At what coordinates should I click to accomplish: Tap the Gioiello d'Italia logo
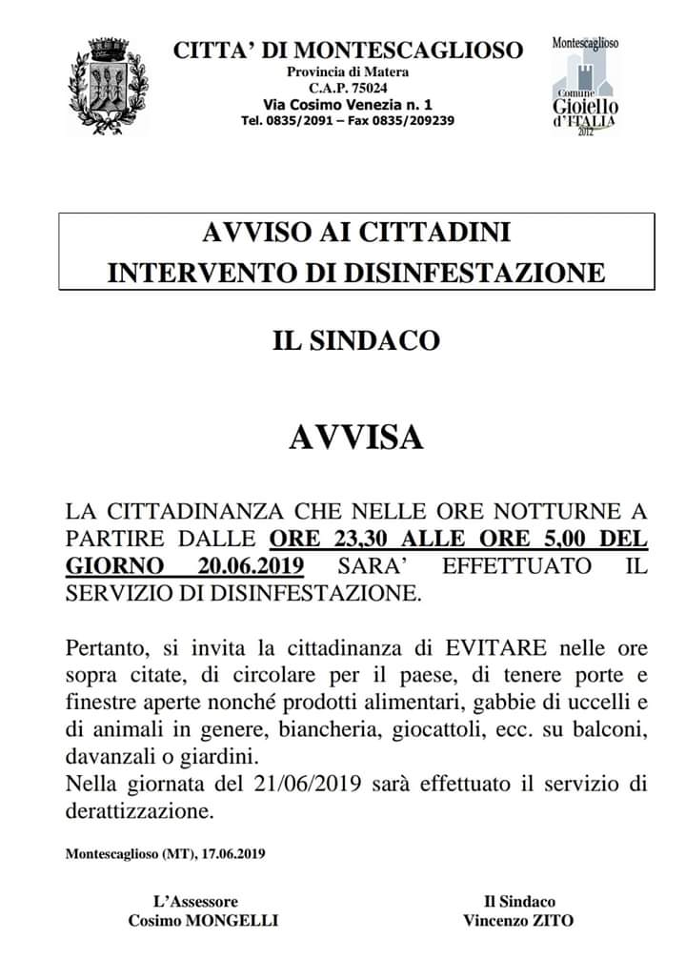tap(585, 87)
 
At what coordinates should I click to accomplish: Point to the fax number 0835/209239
tap(414, 121)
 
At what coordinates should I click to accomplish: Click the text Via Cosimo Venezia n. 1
tap(348, 104)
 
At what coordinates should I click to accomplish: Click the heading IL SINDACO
tap(356, 340)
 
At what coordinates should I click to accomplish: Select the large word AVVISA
tap(356, 438)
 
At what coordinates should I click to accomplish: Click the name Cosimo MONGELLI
tap(203, 920)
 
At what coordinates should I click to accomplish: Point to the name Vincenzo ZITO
tap(518, 920)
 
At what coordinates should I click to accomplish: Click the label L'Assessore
tap(195, 901)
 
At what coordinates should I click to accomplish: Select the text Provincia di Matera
tap(348, 72)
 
